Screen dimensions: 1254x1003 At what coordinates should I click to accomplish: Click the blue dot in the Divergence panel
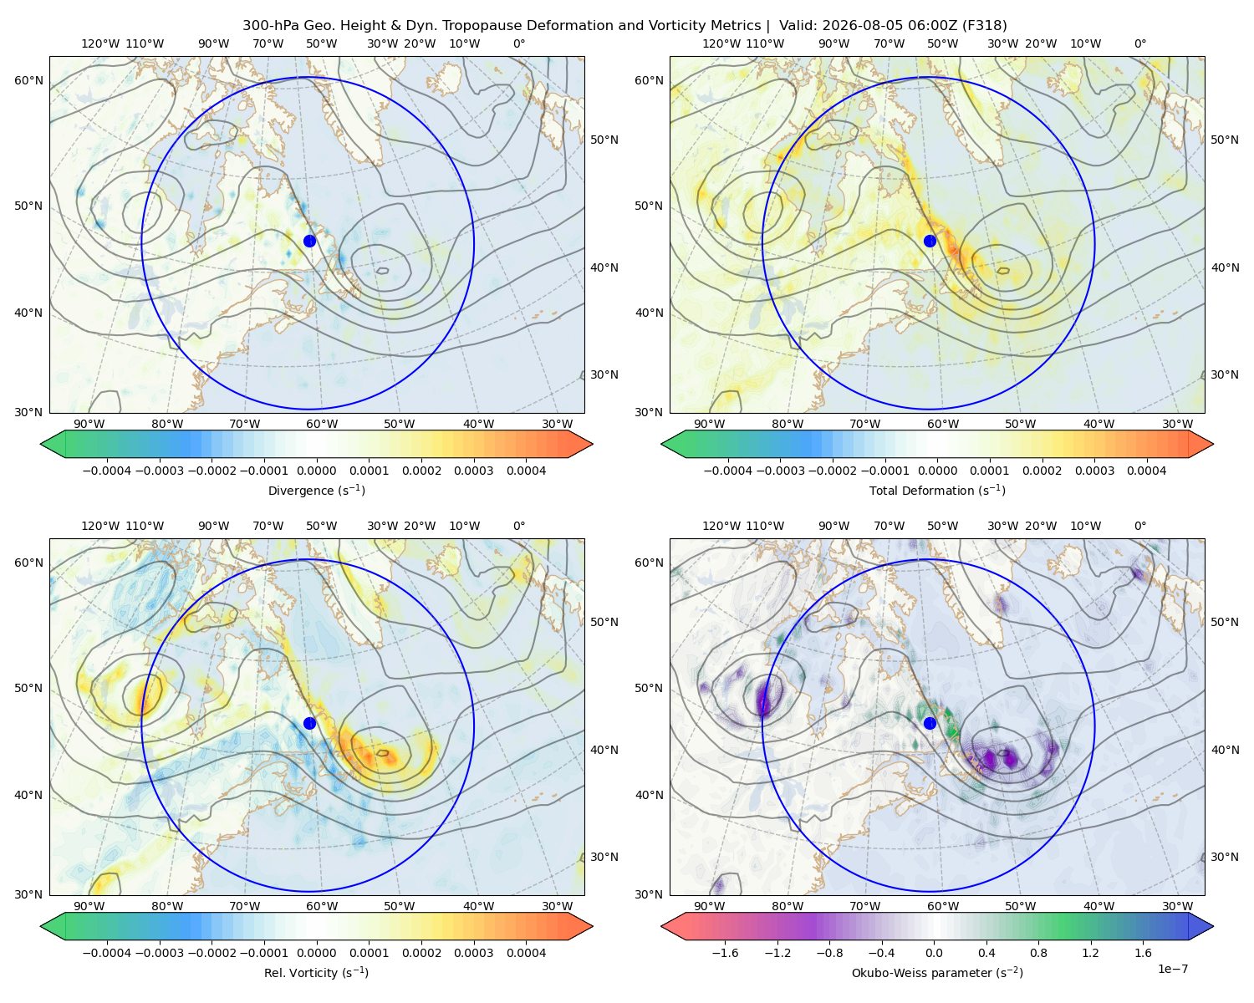click(309, 242)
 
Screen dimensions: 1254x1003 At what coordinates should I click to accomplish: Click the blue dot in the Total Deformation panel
click(930, 242)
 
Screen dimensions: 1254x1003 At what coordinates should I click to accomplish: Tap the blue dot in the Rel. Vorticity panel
click(309, 723)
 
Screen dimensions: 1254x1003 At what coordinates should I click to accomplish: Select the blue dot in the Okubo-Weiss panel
click(930, 723)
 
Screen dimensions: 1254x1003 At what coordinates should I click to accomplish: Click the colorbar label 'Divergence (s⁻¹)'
click(316, 491)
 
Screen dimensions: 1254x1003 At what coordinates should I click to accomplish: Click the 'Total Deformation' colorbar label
click(937, 491)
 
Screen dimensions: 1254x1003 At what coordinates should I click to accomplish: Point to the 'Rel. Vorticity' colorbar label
click(316, 973)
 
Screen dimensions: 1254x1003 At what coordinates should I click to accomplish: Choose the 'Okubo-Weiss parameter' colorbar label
click(937, 973)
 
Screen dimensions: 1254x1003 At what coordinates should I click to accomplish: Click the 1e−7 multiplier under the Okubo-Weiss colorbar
click(1172, 969)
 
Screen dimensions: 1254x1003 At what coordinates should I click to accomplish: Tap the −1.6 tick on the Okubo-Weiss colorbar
click(725, 953)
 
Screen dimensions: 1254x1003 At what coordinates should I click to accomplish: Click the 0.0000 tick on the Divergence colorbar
click(316, 471)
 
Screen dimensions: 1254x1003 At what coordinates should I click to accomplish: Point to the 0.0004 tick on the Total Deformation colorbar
click(1147, 471)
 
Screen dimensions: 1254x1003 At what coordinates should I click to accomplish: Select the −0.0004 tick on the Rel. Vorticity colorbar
click(107, 953)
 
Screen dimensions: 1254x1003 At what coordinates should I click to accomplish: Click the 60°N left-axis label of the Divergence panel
click(28, 80)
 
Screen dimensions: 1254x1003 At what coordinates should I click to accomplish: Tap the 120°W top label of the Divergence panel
click(100, 43)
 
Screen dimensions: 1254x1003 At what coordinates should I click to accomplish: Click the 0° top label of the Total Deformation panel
click(1140, 43)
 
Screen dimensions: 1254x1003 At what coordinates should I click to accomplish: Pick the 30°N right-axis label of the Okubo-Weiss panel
click(1225, 857)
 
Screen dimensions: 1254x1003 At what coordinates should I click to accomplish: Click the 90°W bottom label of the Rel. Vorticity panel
click(89, 906)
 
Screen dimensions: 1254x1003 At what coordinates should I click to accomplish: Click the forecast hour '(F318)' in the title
click(984, 26)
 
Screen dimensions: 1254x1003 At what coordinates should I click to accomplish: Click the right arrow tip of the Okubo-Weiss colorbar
click(1213, 927)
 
